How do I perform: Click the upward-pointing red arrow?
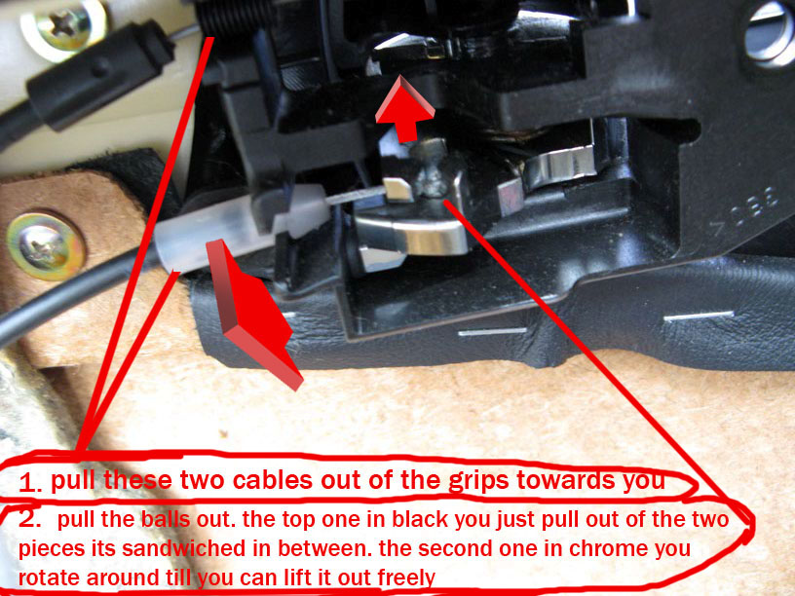pos(404,109)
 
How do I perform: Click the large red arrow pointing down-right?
pos(253,315)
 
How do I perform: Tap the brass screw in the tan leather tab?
pos(45,246)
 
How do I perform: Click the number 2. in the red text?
pos(30,518)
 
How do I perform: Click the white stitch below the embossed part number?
pos(699,317)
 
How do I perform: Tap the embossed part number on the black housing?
pos(744,208)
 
